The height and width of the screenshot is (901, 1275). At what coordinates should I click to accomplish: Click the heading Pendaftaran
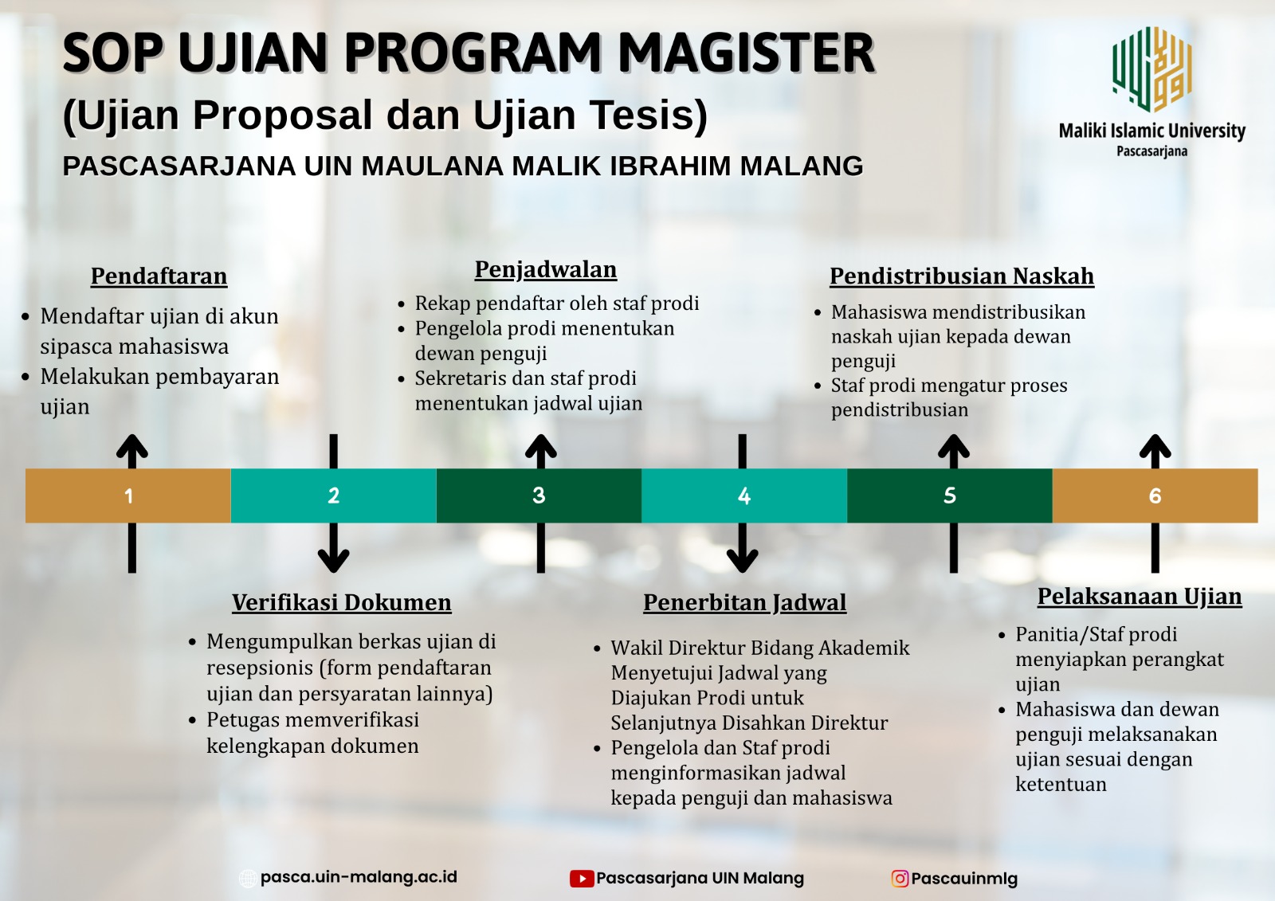coord(159,276)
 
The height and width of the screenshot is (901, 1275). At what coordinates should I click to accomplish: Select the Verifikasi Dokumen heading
coord(342,603)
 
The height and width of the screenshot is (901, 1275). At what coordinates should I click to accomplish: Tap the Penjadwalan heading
coord(546,270)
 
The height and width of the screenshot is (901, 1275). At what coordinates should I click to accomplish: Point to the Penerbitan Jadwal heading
coord(744,603)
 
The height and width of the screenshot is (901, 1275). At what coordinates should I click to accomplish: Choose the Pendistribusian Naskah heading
coord(962,276)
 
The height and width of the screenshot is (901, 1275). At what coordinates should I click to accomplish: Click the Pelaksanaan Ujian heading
coord(1140,597)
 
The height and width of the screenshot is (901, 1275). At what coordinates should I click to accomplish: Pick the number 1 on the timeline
coord(128,496)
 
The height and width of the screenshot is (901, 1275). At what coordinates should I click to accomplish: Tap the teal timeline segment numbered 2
coord(334,496)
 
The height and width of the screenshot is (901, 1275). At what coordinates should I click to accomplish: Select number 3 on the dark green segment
coord(539,496)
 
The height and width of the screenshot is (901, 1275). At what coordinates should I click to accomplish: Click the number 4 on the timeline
coord(744,496)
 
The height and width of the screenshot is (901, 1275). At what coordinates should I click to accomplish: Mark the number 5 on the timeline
coord(949,496)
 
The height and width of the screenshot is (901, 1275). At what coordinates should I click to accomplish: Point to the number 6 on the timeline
coord(1155,496)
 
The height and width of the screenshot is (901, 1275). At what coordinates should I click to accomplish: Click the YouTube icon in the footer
coord(582,879)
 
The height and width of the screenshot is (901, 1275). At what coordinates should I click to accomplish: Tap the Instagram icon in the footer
coord(900,879)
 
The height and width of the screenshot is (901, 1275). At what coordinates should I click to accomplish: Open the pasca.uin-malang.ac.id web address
coord(359,877)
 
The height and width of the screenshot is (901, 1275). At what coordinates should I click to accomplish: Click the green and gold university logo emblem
coord(1152,69)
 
